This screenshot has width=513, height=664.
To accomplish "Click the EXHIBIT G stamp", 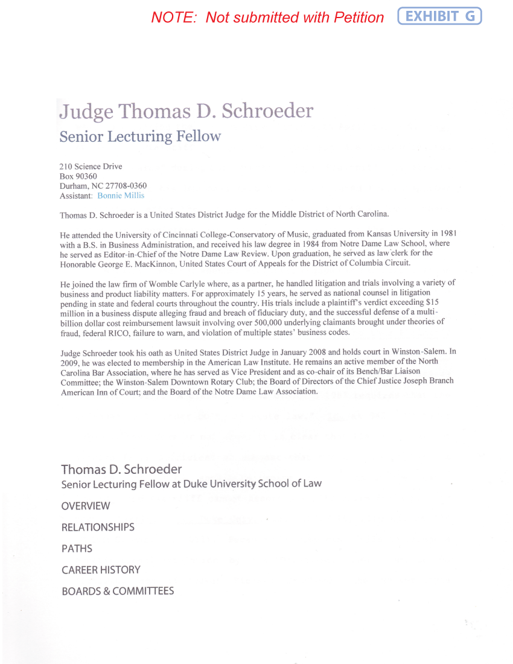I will point(439,16).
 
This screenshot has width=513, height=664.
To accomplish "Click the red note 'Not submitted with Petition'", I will point(267,18).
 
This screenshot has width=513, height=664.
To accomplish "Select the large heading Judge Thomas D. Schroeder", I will point(186,111).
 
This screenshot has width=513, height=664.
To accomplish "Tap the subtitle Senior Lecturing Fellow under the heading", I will point(140,136).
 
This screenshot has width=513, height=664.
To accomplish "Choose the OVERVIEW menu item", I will point(86,506).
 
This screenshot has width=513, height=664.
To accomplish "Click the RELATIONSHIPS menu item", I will point(98,527).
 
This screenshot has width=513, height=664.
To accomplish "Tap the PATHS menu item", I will point(77,549).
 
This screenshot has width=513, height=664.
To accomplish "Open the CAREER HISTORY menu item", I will point(101,570).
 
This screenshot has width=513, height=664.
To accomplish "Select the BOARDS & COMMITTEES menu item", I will point(118,591).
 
